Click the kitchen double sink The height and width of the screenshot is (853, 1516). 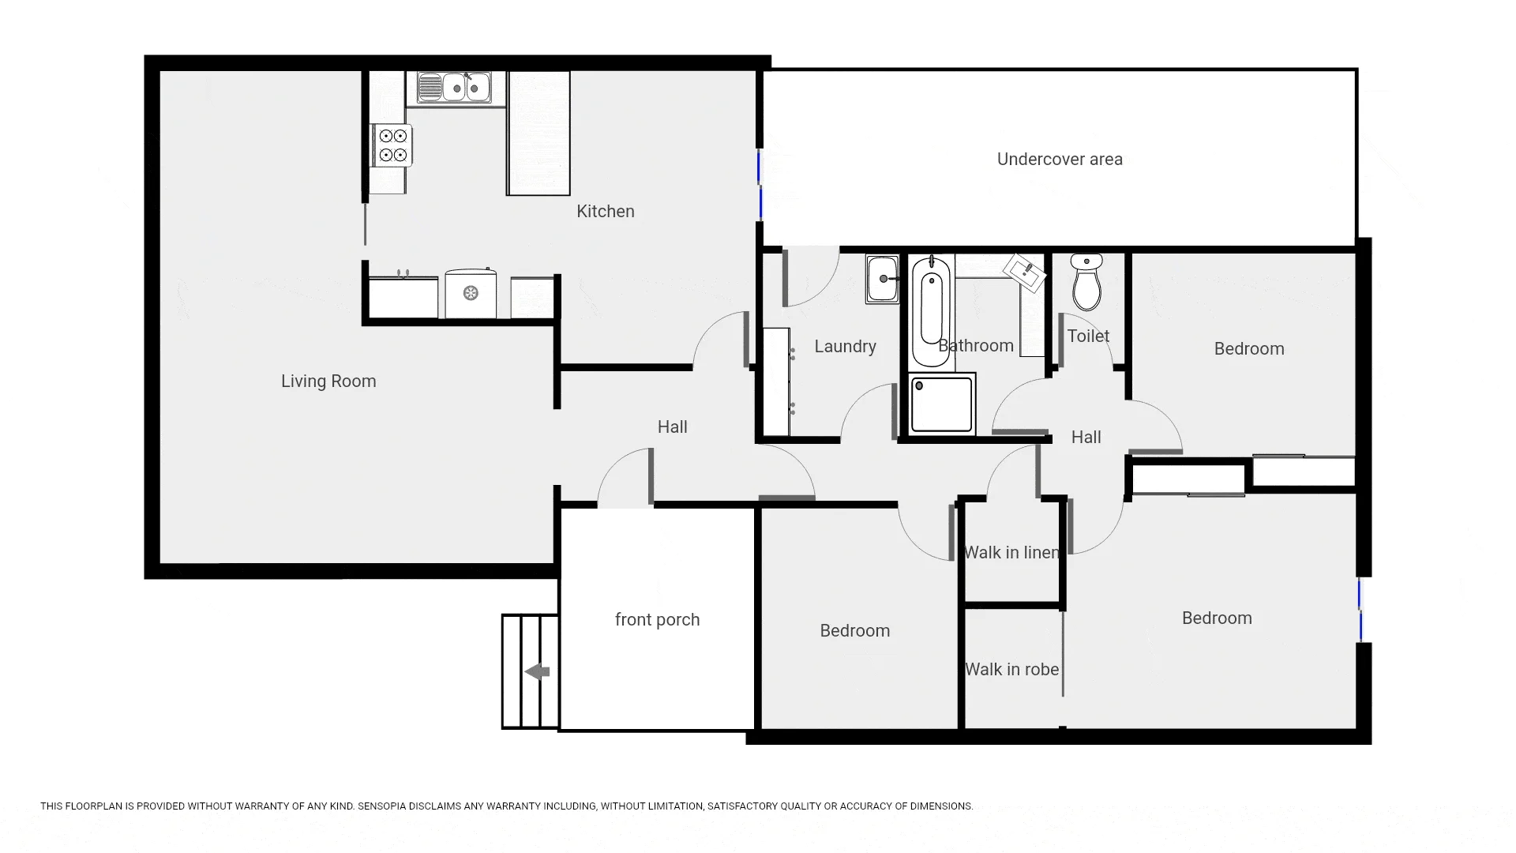click(x=454, y=87)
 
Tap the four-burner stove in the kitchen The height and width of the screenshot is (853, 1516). click(x=392, y=145)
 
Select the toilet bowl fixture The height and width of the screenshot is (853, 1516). click(x=1087, y=282)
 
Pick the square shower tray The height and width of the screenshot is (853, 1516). click(x=942, y=404)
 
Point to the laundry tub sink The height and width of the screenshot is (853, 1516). click(x=882, y=279)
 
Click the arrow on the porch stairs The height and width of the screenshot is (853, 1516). click(x=538, y=672)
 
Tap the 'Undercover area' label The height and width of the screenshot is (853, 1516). click(x=1060, y=160)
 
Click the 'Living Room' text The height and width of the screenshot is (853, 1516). click(x=328, y=381)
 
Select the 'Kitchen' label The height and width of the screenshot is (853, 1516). click(x=606, y=212)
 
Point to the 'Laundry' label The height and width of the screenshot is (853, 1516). click(x=845, y=347)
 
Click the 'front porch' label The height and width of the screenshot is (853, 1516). click(x=658, y=620)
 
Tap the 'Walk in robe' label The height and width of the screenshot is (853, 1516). click(x=1011, y=670)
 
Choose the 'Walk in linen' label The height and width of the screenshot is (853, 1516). click(x=1011, y=553)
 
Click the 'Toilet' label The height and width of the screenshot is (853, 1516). click(x=1088, y=336)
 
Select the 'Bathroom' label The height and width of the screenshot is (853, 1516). click(x=976, y=346)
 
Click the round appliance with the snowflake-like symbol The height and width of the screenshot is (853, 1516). click(x=471, y=294)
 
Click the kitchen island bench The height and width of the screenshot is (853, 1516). click(x=538, y=133)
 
